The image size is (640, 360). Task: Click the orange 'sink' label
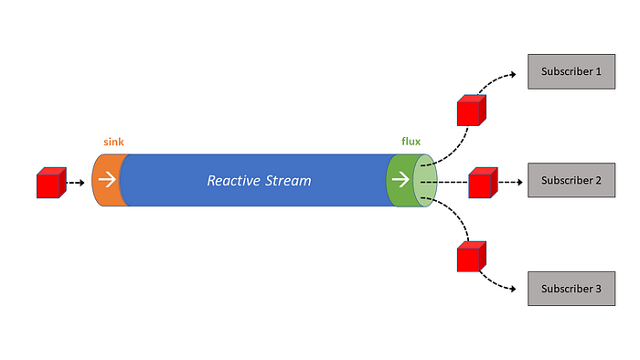point(113,143)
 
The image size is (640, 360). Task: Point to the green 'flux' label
point(411,142)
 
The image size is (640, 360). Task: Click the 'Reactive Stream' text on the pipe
point(259,181)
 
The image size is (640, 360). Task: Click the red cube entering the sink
point(49,184)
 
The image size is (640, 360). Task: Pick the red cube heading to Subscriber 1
point(470,111)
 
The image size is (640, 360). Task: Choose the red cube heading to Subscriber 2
point(482,183)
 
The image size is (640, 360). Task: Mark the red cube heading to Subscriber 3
point(471,257)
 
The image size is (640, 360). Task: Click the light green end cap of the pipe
point(425,181)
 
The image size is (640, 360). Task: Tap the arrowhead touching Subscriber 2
point(522,181)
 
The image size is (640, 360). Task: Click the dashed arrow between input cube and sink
point(76,183)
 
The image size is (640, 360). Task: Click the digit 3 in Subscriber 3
point(598,289)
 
